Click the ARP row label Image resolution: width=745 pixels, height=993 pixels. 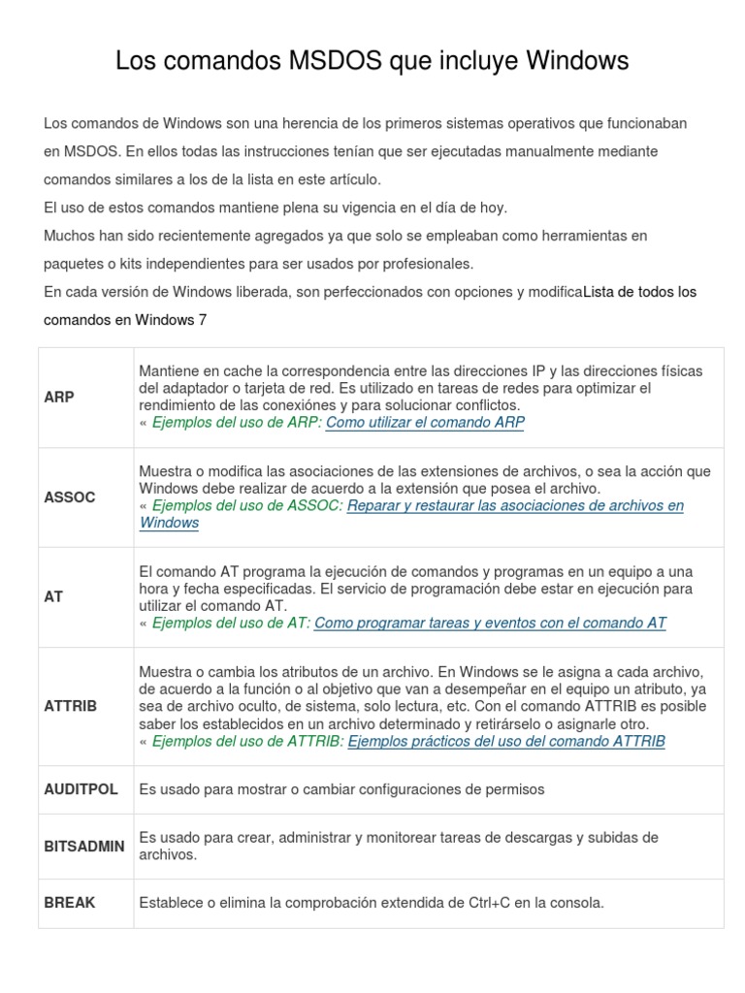[59, 397]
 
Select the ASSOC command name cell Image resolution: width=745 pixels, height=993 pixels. [70, 496]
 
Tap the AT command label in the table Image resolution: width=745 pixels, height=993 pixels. [53, 596]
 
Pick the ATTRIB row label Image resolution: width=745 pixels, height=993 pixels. [71, 705]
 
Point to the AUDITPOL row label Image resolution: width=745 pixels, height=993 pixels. [81, 789]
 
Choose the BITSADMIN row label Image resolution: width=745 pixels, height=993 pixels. [84, 846]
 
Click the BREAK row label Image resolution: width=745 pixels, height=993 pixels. [70, 903]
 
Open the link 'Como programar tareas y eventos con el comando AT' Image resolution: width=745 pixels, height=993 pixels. [491, 624]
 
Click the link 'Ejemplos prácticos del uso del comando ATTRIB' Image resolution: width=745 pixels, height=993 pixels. [506, 742]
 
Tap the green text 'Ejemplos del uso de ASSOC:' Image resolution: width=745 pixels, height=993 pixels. [247, 505]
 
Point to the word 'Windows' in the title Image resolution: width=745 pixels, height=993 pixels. [577, 61]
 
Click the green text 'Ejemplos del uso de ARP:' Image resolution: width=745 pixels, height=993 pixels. [238, 423]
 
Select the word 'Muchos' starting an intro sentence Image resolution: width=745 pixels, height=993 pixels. [66, 236]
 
